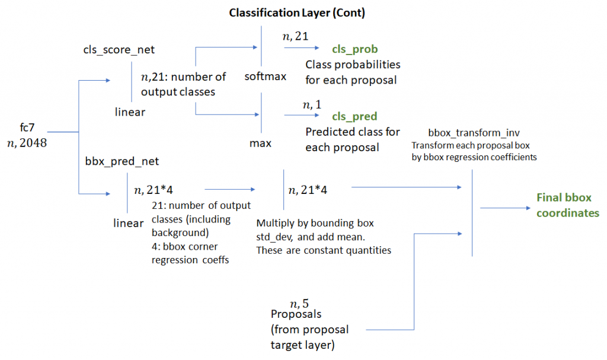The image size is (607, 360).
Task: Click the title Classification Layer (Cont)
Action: (x=297, y=12)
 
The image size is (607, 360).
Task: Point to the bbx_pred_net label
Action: (x=122, y=160)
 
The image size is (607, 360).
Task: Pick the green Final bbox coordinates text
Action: (x=564, y=205)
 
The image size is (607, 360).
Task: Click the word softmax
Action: (x=266, y=77)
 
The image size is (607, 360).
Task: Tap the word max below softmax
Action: (x=260, y=144)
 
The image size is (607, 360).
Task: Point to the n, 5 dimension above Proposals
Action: (x=299, y=304)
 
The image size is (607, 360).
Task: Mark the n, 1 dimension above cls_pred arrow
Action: (x=312, y=104)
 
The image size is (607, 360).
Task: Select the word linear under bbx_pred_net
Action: (x=129, y=223)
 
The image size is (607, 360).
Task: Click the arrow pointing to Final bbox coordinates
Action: (x=504, y=208)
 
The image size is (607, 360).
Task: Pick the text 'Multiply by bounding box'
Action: (x=315, y=224)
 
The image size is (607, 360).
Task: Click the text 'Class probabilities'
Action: (x=353, y=64)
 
